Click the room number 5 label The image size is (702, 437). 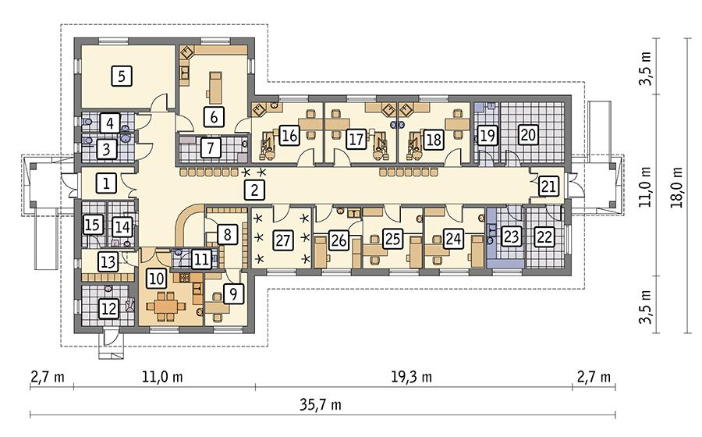pyautogui.click(x=122, y=76)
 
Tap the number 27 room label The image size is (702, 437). pyautogui.click(x=283, y=240)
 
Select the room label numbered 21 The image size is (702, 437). pyautogui.click(x=548, y=187)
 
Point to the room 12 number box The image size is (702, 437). pyautogui.click(x=109, y=308)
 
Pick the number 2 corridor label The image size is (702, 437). pyautogui.click(x=254, y=190)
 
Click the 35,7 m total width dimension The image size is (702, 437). pyautogui.click(x=321, y=406)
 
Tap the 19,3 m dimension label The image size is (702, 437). pyautogui.click(x=411, y=377)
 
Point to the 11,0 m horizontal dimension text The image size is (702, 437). pyautogui.click(x=162, y=377)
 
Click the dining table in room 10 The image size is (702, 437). pyautogui.click(x=165, y=307)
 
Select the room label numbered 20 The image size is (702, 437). pyautogui.click(x=529, y=134)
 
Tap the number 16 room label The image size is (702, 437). pyautogui.click(x=290, y=135)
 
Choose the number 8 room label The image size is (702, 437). pyautogui.click(x=228, y=234)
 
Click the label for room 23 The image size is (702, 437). pyautogui.click(x=511, y=236)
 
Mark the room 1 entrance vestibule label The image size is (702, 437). pyautogui.click(x=107, y=183)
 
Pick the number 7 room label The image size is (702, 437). pyautogui.click(x=211, y=147)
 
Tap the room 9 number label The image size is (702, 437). pyautogui.click(x=233, y=293)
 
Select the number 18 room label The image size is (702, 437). pyautogui.click(x=434, y=140)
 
